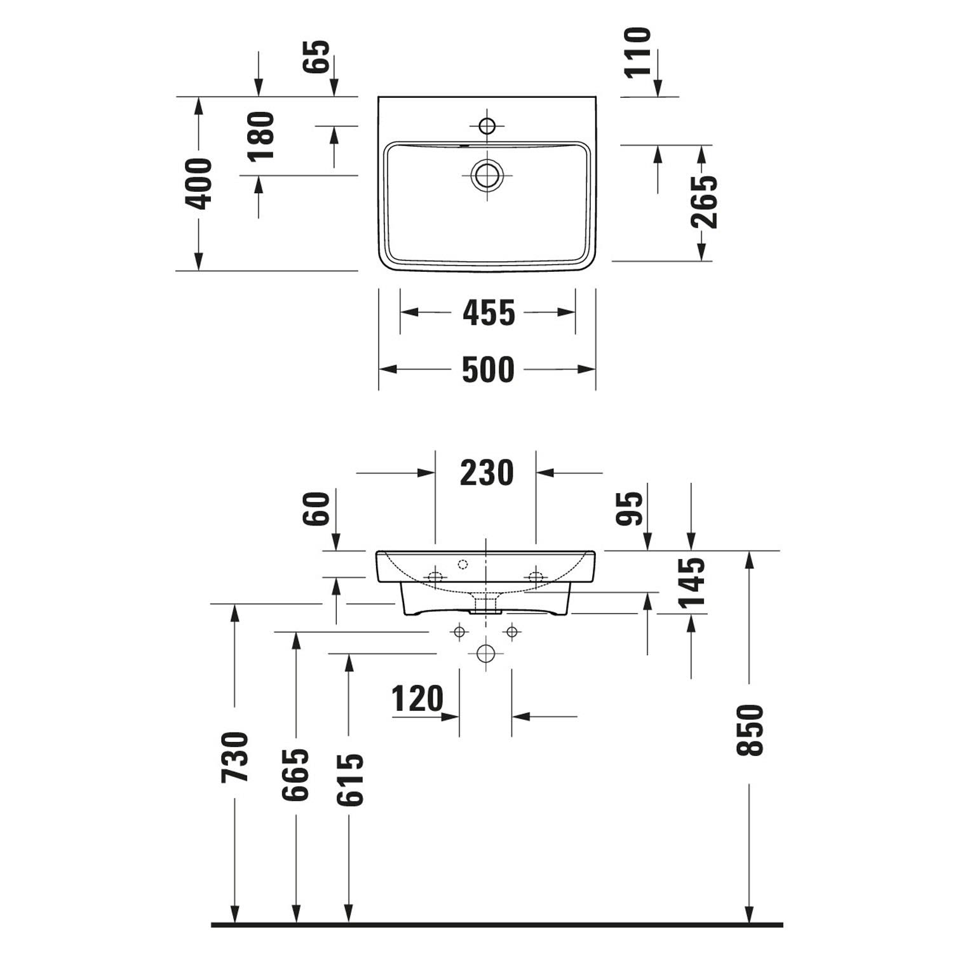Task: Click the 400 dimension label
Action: point(198,184)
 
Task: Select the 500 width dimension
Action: point(488,370)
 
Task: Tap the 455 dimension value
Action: point(489,313)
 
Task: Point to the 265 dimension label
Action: point(704,201)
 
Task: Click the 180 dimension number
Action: point(260,136)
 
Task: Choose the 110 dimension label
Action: point(639,52)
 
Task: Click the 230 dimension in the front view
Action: point(487,473)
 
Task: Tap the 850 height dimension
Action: point(750,730)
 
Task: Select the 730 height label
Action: point(234,757)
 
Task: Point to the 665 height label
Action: point(295,774)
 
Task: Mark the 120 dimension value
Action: point(417,699)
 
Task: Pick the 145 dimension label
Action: point(692,583)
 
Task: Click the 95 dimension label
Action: point(630,509)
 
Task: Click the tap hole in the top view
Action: point(487,126)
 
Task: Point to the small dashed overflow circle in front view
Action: point(463,564)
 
